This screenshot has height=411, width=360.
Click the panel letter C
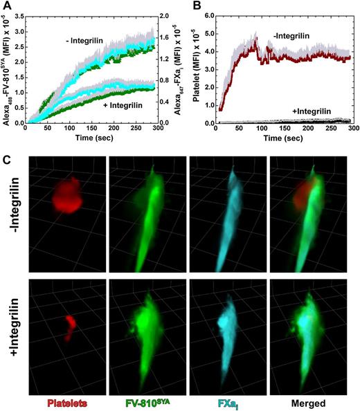tap(6, 157)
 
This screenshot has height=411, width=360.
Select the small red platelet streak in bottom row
tap(68, 326)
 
